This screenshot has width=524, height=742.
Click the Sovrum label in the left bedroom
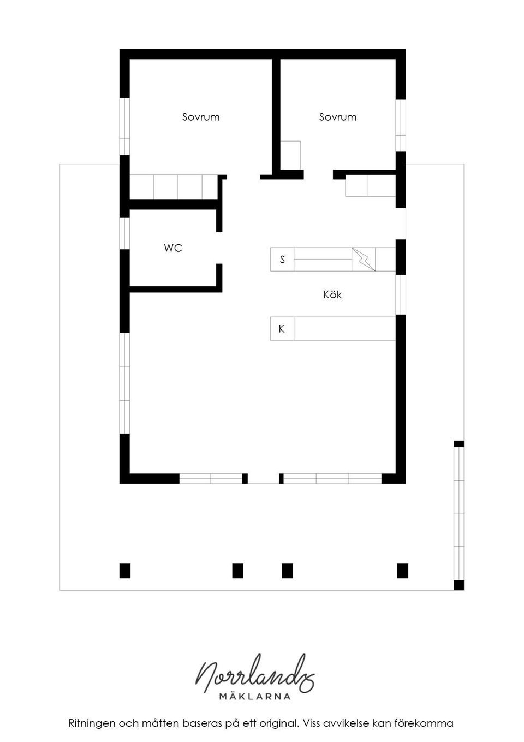[x=201, y=117]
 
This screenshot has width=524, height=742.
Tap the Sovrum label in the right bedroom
[x=338, y=117]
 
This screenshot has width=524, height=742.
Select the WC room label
[x=173, y=248]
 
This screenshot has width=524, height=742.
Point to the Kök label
[x=332, y=295]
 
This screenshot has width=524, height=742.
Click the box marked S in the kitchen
[x=282, y=260]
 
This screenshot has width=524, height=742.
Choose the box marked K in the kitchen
[x=282, y=329]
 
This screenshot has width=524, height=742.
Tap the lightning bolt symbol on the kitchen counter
[x=364, y=260]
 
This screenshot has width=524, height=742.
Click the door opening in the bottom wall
[x=263, y=478]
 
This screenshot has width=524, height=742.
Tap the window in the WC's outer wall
[x=124, y=233]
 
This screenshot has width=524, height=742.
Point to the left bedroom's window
[x=124, y=127]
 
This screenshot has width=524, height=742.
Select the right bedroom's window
[x=401, y=126]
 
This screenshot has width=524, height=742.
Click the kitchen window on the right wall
[x=401, y=295]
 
